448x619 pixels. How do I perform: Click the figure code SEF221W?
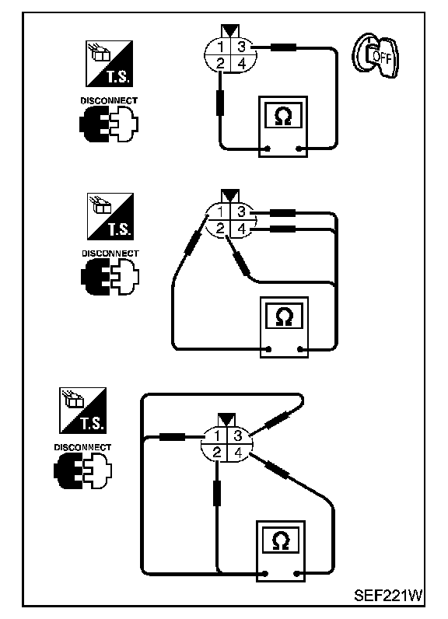pos(388,595)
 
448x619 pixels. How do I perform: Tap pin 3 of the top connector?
pos(242,47)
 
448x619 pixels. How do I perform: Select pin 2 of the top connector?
pos(221,63)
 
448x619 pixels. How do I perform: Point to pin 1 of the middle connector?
pos(221,212)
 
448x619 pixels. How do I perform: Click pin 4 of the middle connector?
pos(242,229)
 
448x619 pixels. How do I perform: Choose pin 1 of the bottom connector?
pos(217,435)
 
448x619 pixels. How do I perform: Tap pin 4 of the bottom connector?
pos(238,453)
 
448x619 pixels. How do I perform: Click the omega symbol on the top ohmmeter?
pos(282,115)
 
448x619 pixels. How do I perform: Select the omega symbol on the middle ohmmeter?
pos(284,316)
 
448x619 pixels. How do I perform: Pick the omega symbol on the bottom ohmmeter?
pos(281,540)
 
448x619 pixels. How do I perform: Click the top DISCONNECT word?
pos(109,100)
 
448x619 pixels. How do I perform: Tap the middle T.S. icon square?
pos(110,216)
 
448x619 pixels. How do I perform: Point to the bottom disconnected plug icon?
pos(83,471)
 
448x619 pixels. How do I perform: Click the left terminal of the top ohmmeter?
pos(268,149)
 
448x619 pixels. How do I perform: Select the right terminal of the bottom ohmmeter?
pos(297,573)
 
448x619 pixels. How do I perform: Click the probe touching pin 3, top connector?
pos(283,47)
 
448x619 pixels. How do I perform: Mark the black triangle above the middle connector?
pos(230,196)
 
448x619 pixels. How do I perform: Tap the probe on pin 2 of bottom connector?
pos(217,493)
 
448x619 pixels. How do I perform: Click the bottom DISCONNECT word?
pos(82,447)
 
